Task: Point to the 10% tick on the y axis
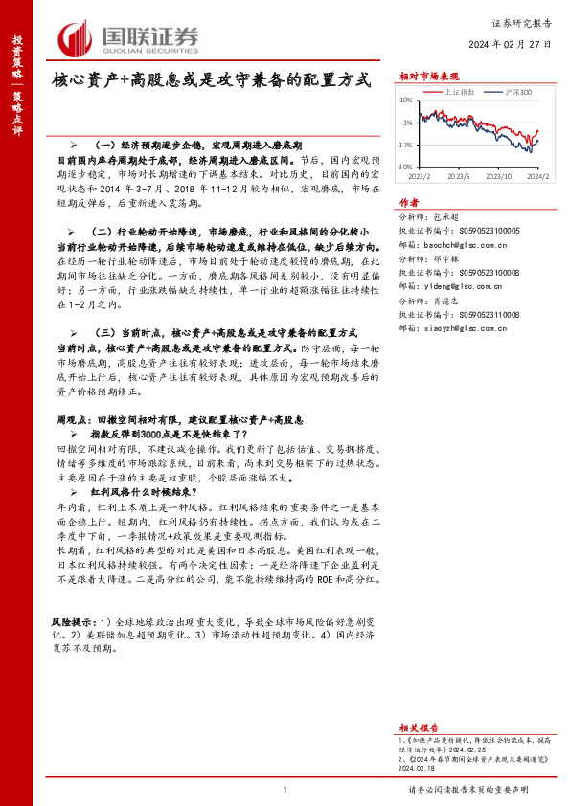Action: pyautogui.click(x=406, y=100)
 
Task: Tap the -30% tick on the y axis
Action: pyautogui.click(x=406, y=167)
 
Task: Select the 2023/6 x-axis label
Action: pyautogui.click(x=459, y=176)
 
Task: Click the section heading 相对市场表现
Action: pyautogui.click(x=428, y=75)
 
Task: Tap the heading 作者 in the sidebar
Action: pyautogui.click(x=409, y=202)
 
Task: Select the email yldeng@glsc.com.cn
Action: pyautogui.click(x=470, y=285)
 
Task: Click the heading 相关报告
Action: pyautogui.click(x=419, y=702)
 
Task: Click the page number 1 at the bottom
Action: pyautogui.click(x=285, y=790)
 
